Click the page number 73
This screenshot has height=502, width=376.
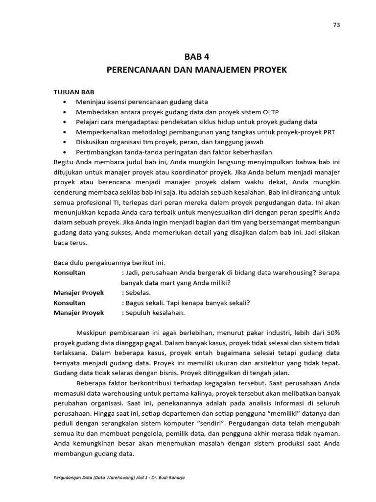pyautogui.click(x=336, y=25)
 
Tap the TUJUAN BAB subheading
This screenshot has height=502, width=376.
pyautogui.click(x=74, y=92)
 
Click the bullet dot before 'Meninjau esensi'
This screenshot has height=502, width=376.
pyautogui.click(x=65, y=102)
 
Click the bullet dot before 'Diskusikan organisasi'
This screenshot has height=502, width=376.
pyautogui.click(x=65, y=142)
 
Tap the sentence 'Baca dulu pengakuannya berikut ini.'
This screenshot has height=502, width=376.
pyautogui.click(x=113, y=262)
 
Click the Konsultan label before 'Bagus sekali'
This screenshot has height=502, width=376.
pyautogui.click(x=70, y=302)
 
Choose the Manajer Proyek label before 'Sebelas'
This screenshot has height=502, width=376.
pyautogui.click(x=79, y=293)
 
